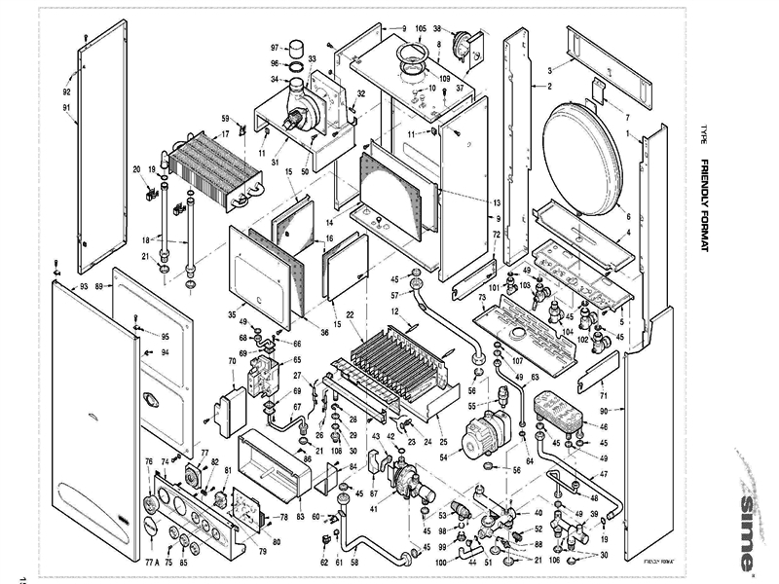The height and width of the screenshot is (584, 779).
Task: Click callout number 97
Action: coord(275,46)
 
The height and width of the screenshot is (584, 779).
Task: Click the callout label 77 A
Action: coord(151,563)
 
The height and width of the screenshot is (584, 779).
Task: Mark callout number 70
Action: coord(232,361)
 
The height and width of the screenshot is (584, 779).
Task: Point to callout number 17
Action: coord(225,134)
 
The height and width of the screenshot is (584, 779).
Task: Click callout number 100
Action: coord(440,563)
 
